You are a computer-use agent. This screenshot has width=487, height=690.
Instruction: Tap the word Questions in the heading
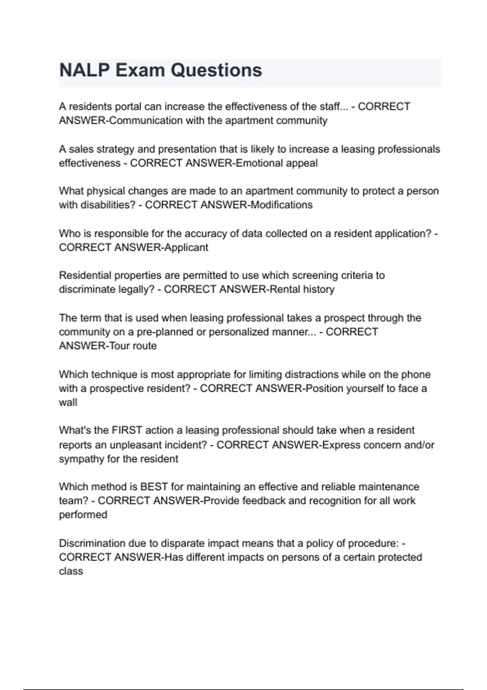[x=216, y=70]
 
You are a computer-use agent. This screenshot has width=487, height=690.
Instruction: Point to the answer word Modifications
[x=281, y=205]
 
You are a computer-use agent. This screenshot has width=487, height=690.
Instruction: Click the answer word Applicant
[x=186, y=248]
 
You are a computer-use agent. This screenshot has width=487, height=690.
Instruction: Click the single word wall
[x=68, y=403]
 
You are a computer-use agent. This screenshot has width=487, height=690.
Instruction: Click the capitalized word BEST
[x=154, y=487]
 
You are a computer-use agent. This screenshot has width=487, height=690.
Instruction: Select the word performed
[x=83, y=515]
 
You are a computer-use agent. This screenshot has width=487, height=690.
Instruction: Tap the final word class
[x=71, y=571]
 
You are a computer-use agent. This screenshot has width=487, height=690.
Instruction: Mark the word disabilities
[x=107, y=205]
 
